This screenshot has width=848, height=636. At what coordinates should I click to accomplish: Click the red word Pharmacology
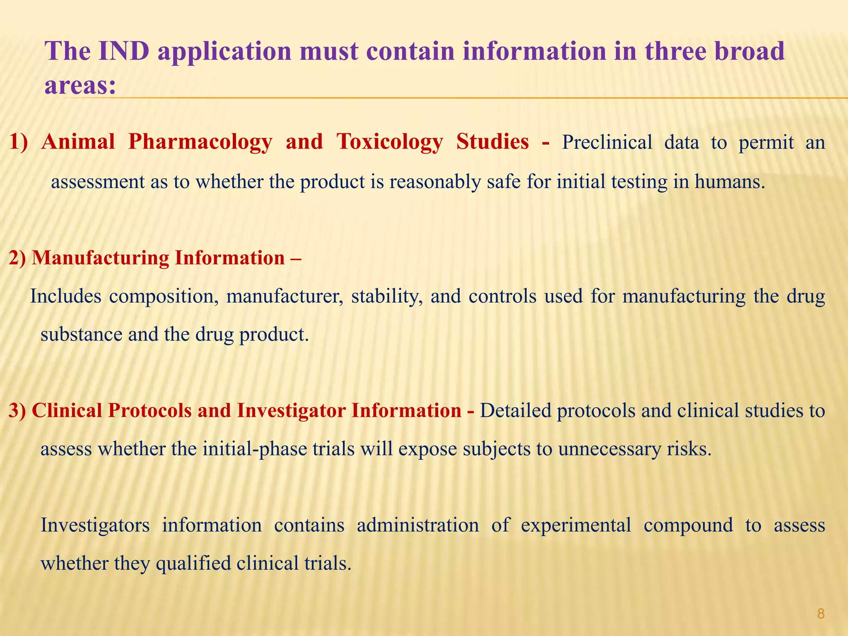pos(200,142)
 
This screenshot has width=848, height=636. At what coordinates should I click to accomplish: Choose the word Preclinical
pos(607,142)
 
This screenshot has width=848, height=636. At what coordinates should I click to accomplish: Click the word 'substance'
pos(81,335)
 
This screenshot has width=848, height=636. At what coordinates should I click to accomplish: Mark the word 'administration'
pos(418,525)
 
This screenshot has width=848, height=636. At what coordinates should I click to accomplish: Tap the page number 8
pos(821,614)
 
